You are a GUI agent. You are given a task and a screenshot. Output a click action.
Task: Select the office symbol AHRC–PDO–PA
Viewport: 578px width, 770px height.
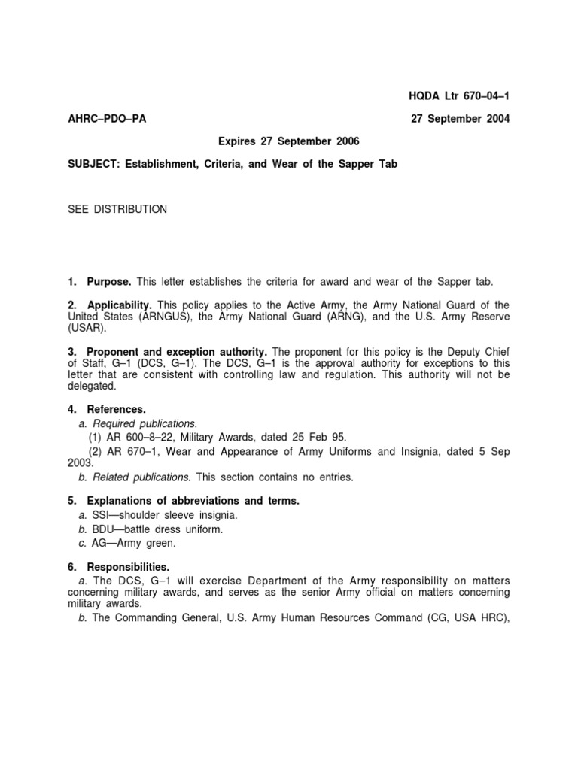[107, 119]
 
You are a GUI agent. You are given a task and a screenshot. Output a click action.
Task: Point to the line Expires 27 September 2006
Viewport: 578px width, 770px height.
[289, 141]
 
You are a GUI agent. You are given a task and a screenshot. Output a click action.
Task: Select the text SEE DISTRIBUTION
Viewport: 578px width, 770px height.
[117, 209]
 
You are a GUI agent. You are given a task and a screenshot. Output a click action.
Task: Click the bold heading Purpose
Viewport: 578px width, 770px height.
[109, 281]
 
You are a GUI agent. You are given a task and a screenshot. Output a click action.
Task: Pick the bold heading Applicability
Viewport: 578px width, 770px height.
[120, 305]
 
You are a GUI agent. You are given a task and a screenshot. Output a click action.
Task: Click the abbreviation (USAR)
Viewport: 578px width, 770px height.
[87, 328]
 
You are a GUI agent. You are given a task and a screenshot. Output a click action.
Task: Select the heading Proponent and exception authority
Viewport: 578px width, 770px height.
[178, 351]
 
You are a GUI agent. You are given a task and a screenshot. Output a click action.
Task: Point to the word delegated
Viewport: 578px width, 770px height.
[93, 386]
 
